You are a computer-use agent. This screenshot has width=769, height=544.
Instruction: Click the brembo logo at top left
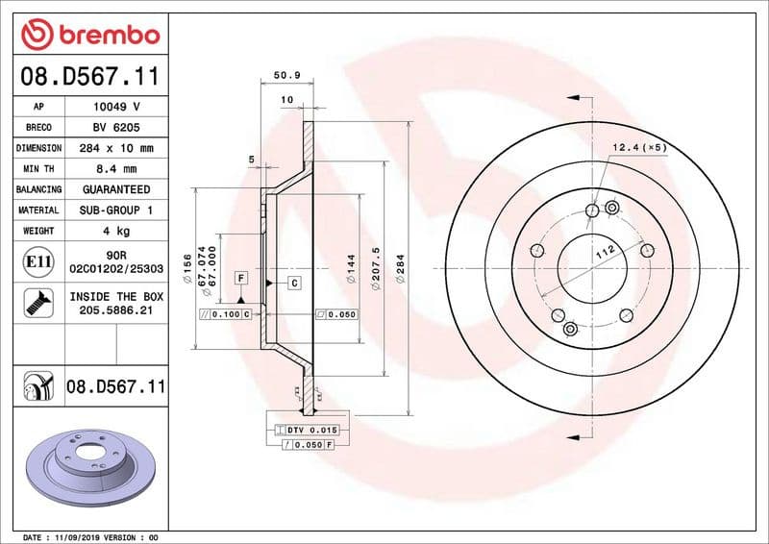[89, 34]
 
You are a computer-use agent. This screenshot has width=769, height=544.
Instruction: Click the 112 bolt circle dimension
[604, 252]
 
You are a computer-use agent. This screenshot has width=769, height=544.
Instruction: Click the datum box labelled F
[240, 278]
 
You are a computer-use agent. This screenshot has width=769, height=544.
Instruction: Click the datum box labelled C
[293, 282]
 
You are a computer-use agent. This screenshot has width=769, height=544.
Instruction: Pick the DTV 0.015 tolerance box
[309, 429]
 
